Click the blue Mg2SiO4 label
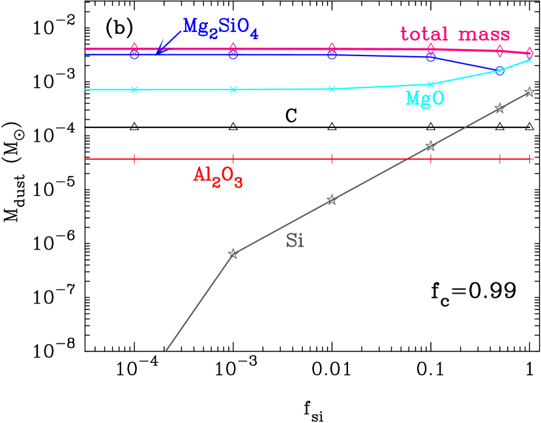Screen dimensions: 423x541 pos(220,27)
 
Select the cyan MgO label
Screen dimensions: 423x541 pos(424,99)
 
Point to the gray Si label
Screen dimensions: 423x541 pos(295,241)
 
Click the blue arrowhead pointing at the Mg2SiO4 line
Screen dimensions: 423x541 pos(158,51)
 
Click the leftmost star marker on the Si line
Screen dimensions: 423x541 pos(233,253)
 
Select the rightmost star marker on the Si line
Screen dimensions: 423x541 pos(529,93)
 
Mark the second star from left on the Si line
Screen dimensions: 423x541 pos(332,200)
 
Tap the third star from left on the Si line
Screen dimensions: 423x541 pos(430,146)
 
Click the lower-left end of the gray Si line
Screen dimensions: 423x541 pos(166,351)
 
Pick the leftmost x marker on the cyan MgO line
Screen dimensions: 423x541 pos(134,89)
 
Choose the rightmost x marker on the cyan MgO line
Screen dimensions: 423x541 pos(529,60)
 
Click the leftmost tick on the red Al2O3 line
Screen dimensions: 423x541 pos(134,158)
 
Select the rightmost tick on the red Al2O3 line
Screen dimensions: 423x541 pos(529,158)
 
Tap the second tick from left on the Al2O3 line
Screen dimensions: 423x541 pos(233,158)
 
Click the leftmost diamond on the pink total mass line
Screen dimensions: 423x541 pos(134,48)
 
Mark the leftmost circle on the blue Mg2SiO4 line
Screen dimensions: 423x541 pos(134,55)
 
